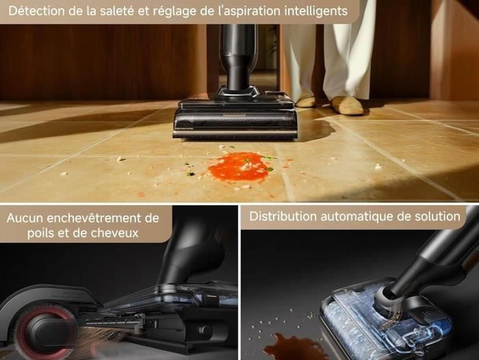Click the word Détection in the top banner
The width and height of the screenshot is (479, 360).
pos(37,11)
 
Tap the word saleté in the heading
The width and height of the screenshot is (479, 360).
pos(117,11)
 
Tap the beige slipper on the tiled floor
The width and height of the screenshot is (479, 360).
pos(347,106)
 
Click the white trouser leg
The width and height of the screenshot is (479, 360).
pos(347,50)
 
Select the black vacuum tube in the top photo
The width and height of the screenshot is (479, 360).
pos(238,57)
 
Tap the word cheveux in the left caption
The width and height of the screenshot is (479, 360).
pos(115,233)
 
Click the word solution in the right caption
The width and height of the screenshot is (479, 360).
pos(441,217)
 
